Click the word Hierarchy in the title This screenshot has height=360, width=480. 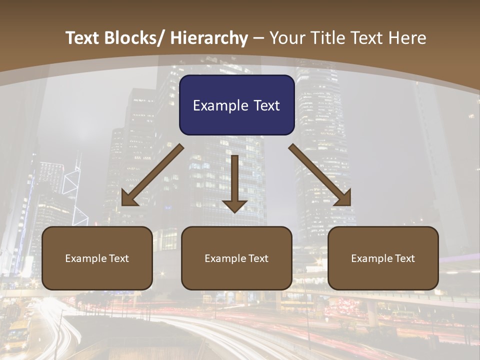click(209, 38)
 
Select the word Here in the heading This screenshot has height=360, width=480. click(408, 38)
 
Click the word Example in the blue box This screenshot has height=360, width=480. click(220, 105)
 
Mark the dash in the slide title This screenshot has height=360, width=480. click(258, 38)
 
